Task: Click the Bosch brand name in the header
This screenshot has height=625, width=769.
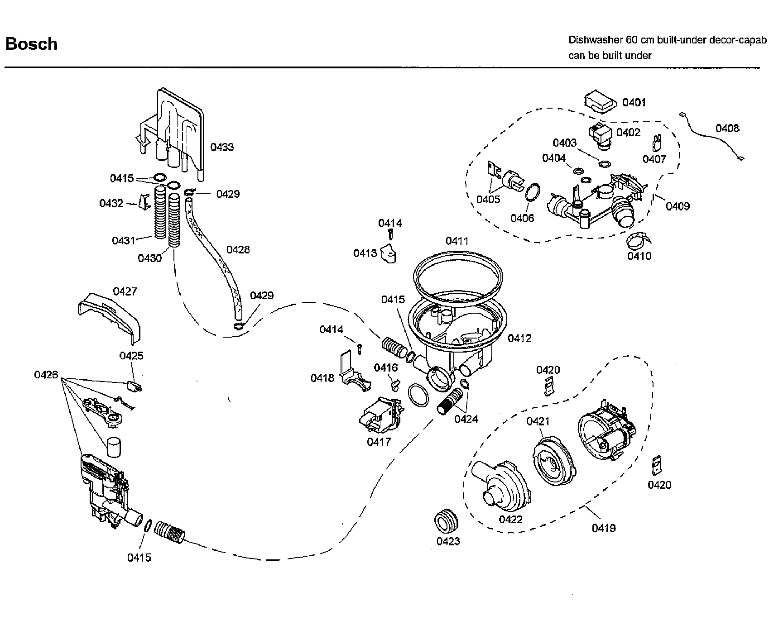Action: click(31, 44)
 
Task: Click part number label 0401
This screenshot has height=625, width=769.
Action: click(634, 103)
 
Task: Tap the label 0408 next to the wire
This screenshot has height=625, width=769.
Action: click(727, 129)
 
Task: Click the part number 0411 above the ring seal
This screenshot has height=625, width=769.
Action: click(457, 241)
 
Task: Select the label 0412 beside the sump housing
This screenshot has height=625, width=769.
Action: click(519, 338)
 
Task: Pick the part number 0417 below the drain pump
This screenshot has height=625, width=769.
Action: click(379, 442)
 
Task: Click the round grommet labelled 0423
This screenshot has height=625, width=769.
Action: click(446, 520)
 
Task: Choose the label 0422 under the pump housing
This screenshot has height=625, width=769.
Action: click(510, 520)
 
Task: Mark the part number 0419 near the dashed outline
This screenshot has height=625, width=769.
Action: click(604, 528)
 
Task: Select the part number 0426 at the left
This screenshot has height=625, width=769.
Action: click(46, 375)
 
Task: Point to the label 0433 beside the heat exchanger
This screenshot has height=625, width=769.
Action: click(222, 147)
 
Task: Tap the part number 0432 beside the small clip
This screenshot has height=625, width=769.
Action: click(111, 204)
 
